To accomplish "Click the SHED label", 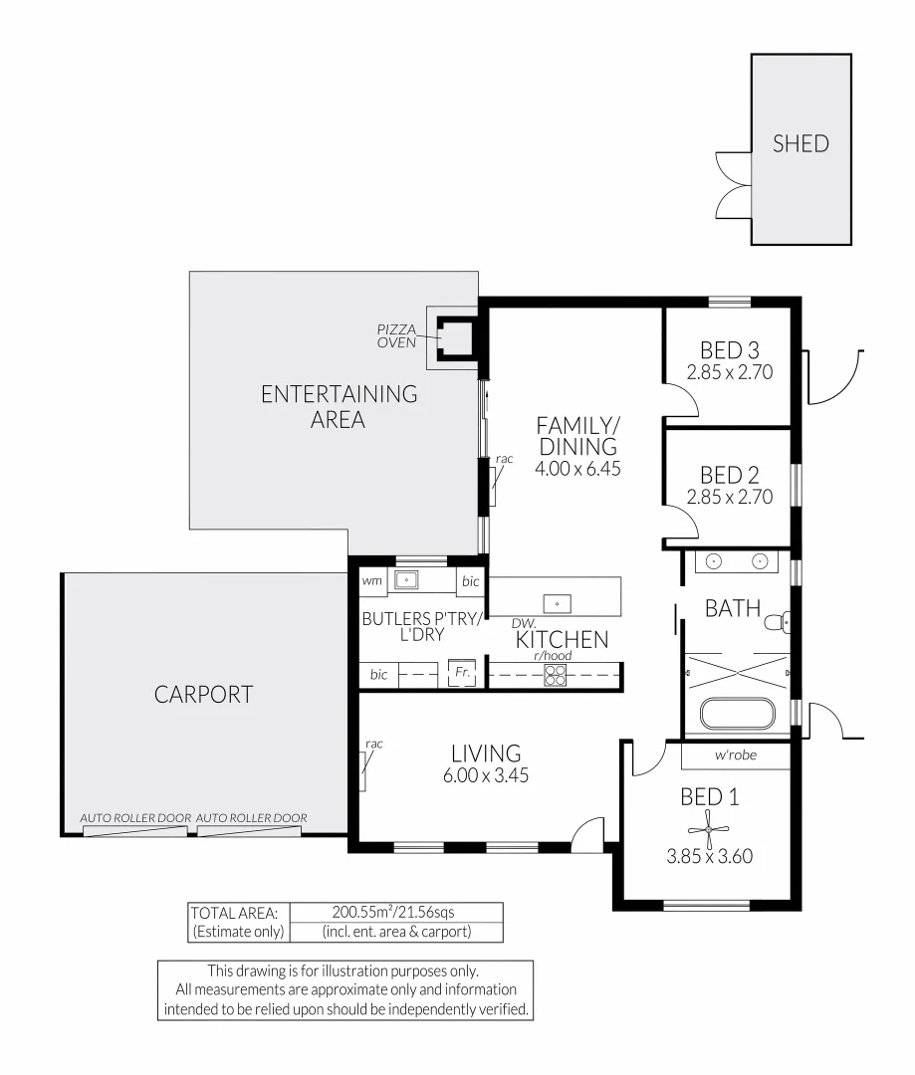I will coord(801,143).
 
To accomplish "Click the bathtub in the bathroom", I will coord(738,715).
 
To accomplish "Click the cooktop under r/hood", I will coord(556,676).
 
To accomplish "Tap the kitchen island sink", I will coord(557,601).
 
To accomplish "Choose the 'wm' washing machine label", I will coord(372,580).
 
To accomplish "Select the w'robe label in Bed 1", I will coord(736,755).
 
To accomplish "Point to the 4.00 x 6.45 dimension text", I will coord(578,468).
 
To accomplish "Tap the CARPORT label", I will coord(203,695).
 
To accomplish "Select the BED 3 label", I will coord(729,350).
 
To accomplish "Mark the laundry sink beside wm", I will coord(406,579).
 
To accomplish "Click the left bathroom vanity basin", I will coord(714,561).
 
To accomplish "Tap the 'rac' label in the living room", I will coord(374,744).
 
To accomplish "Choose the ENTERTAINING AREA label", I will coord(339,406).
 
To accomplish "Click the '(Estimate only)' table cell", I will coord(238,933).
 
